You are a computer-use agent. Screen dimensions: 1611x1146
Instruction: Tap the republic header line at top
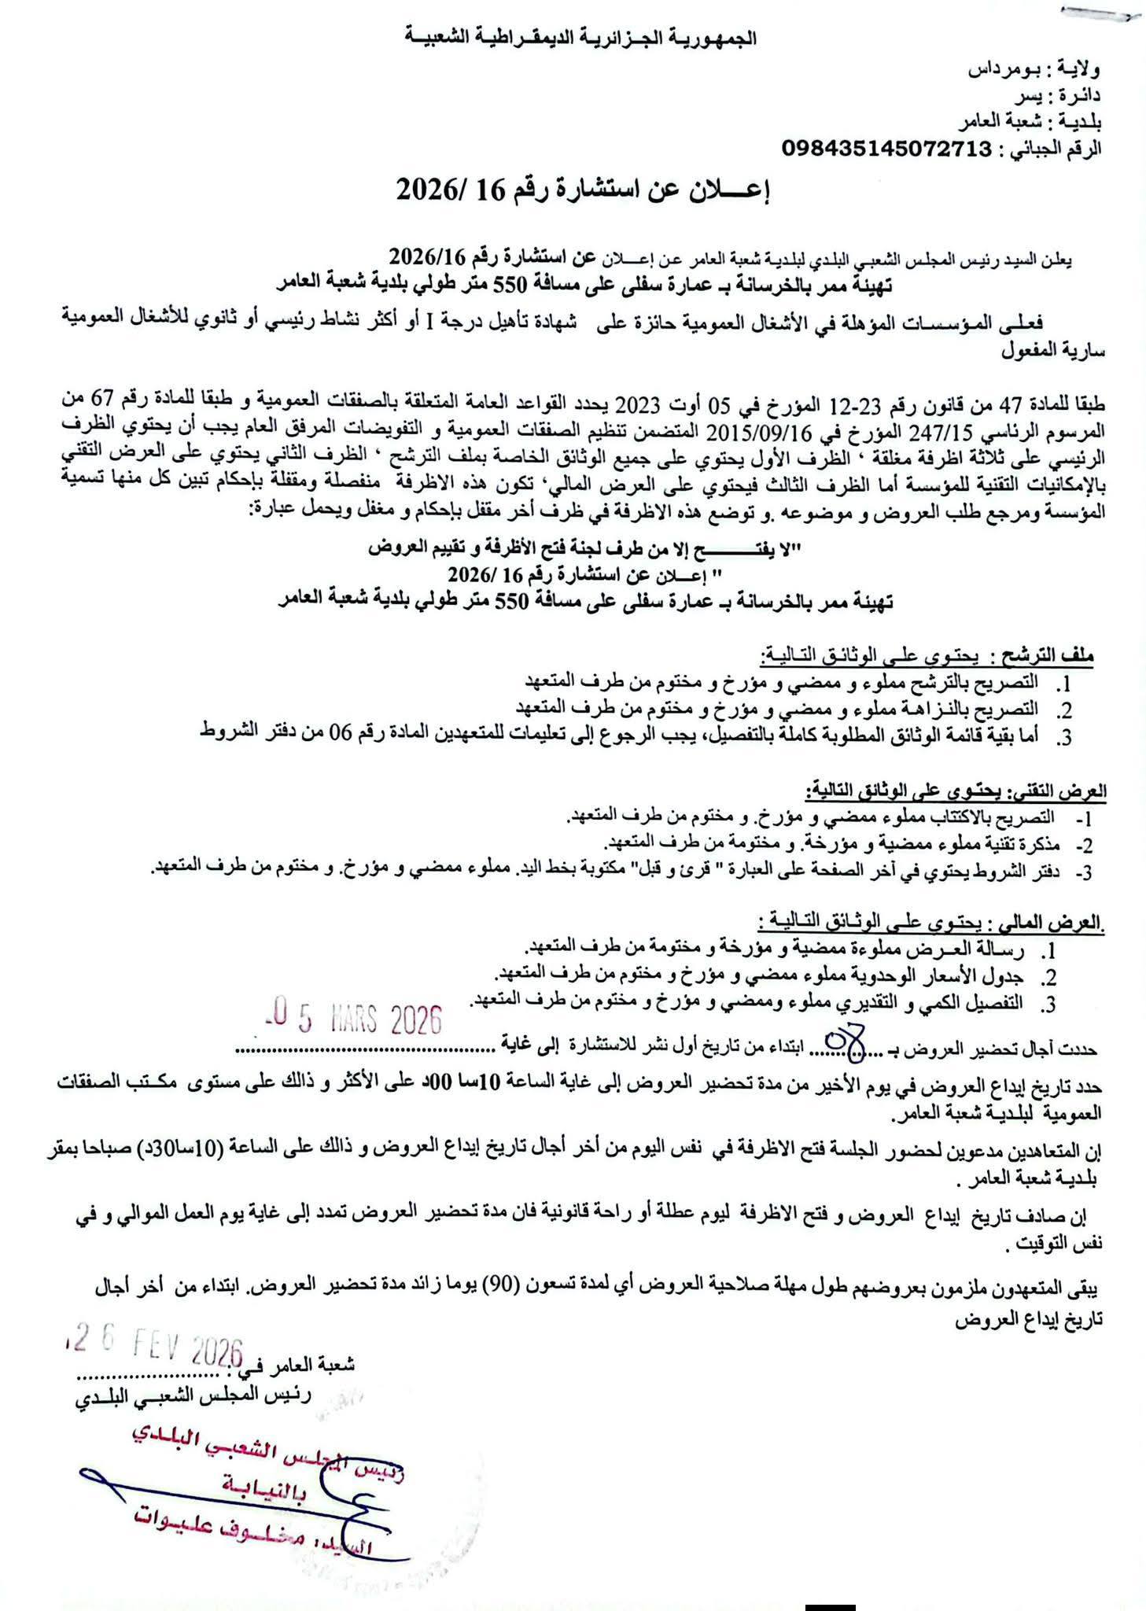[x=580, y=37]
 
